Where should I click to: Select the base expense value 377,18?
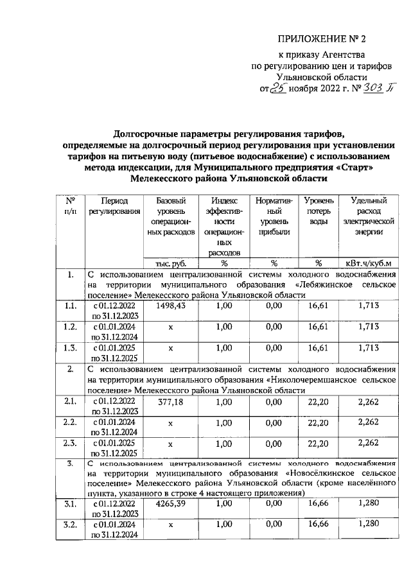point(170,401)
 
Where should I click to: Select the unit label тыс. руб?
point(170,263)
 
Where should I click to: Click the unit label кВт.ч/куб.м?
point(369,263)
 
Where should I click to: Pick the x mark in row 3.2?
point(170,526)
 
